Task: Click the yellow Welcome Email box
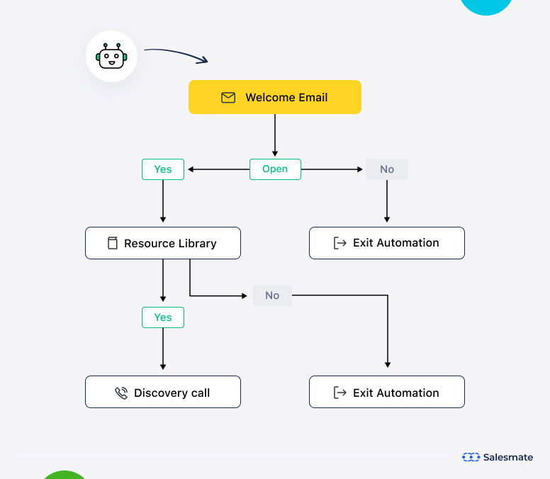coord(274,97)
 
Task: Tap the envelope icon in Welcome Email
coord(228,98)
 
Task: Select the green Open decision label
coord(275,169)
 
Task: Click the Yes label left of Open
coord(163,169)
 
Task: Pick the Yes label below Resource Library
coord(163,317)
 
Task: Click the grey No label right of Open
coord(387,169)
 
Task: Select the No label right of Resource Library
coord(272,295)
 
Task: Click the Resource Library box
coord(163,243)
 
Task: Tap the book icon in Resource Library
coord(112,243)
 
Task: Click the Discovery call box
coord(163,393)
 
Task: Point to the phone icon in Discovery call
coord(121,393)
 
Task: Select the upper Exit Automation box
coord(387,243)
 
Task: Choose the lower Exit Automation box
coord(387,393)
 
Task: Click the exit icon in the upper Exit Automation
coord(340,243)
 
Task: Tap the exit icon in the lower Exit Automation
coord(340,393)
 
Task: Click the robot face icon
coord(111,56)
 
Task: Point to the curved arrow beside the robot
coord(176,53)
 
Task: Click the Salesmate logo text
coord(507,457)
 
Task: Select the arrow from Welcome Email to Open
coord(275,135)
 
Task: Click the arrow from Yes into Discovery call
coord(163,349)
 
